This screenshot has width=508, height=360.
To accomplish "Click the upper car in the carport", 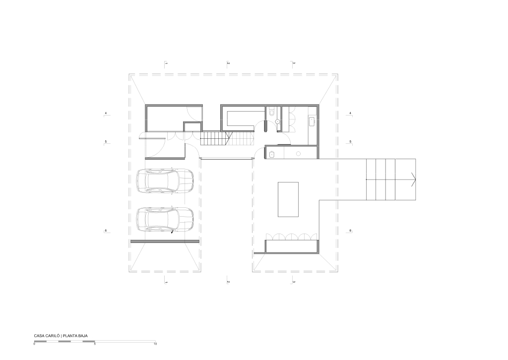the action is pyautogui.click(x=165, y=182).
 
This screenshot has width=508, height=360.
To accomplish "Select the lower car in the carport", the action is pyautogui.click(x=165, y=220).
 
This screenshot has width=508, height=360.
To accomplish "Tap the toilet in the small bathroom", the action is pyautogui.click(x=271, y=112).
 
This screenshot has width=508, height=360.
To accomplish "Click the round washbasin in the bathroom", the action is pyautogui.click(x=278, y=121).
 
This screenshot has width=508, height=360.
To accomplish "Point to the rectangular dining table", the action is pyautogui.click(x=288, y=199).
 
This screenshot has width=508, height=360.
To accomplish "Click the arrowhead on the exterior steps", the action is pyautogui.click(x=413, y=180).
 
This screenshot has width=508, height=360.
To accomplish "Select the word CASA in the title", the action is pyautogui.click(x=39, y=336).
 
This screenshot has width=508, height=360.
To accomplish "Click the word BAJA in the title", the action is pyautogui.click(x=83, y=336).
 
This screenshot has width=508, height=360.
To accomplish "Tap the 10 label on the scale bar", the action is pyautogui.click(x=155, y=344).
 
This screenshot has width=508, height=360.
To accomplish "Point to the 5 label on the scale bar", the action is pyautogui.click(x=95, y=344).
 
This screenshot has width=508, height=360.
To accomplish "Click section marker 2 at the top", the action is pyautogui.click(x=228, y=63).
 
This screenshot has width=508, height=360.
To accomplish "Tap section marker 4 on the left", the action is pyautogui.click(x=106, y=114).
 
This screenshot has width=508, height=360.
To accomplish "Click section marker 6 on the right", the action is pyautogui.click(x=350, y=231).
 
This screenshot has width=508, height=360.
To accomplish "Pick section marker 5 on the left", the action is pyautogui.click(x=106, y=142).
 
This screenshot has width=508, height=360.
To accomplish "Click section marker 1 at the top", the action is pyautogui.click(x=166, y=63).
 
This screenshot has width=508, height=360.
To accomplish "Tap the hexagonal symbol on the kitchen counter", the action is pyautogui.click(x=298, y=154).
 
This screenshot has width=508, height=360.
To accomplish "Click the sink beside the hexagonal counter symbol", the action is pyautogui.click(x=271, y=154).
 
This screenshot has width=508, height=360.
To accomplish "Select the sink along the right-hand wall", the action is pyautogui.click(x=312, y=121).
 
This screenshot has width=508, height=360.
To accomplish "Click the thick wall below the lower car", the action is pyautogui.click(x=165, y=241).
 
